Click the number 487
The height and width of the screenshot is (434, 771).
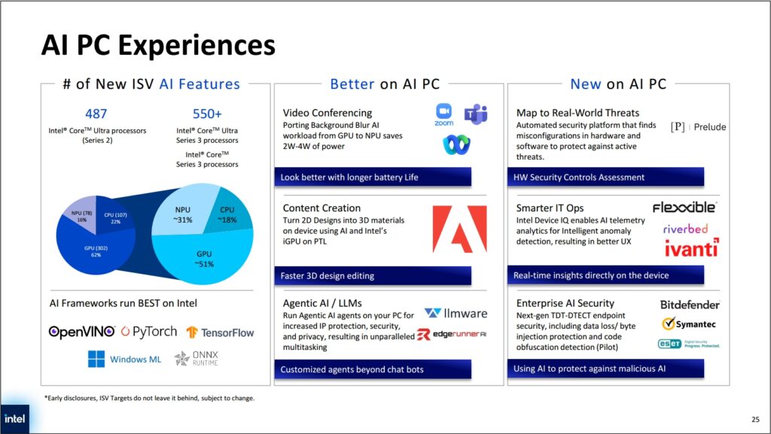[96, 114]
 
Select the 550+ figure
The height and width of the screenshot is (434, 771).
[207, 114]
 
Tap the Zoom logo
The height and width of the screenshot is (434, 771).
[443, 115]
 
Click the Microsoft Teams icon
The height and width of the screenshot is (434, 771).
[476, 114]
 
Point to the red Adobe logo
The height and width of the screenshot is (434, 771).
[459, 229]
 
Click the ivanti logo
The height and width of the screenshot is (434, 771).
[691, 248]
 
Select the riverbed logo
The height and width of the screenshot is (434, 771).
[685, 229]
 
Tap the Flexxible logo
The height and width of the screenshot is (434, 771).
[684, 207]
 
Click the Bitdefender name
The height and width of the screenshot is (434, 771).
[690, 305]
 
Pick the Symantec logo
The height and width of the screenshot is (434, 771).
[689, 324]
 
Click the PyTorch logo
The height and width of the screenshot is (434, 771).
[149, 332]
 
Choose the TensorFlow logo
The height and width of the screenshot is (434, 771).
[220, 333]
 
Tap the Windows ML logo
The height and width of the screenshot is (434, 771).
[124, 359]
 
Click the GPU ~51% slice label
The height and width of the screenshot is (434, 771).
[204, 259]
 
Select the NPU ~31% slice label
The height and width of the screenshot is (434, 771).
[182, 214]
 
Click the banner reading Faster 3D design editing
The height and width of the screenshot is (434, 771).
[373, 275]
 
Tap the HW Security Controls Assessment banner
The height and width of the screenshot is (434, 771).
[605, 177]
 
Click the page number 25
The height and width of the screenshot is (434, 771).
[755, 419]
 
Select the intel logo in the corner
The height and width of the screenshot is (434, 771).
[15, 419]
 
